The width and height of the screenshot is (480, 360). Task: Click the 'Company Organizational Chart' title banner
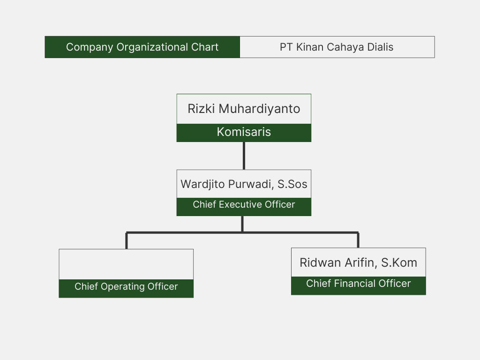(142, 47)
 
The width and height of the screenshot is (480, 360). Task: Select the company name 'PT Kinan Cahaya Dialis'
(337, 47)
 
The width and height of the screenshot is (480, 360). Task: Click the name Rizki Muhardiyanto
(244, 109)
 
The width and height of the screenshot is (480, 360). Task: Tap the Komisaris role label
(244, 132)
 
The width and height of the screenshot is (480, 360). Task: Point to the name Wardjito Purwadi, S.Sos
(244, 184)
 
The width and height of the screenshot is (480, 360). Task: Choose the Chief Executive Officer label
(244, 205)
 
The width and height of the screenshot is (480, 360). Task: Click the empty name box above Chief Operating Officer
(126, 264)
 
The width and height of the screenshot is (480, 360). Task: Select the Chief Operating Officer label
(126, 287)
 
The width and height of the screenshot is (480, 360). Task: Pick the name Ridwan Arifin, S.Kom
(358, 262)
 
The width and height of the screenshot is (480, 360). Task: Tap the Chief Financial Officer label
(358, 284)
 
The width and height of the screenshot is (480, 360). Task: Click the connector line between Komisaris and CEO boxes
(244, 156)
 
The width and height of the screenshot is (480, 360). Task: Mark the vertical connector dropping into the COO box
(127, 240)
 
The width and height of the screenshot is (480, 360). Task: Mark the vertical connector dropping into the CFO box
(358, 240)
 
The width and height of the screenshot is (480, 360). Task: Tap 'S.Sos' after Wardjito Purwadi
(292, 184)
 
